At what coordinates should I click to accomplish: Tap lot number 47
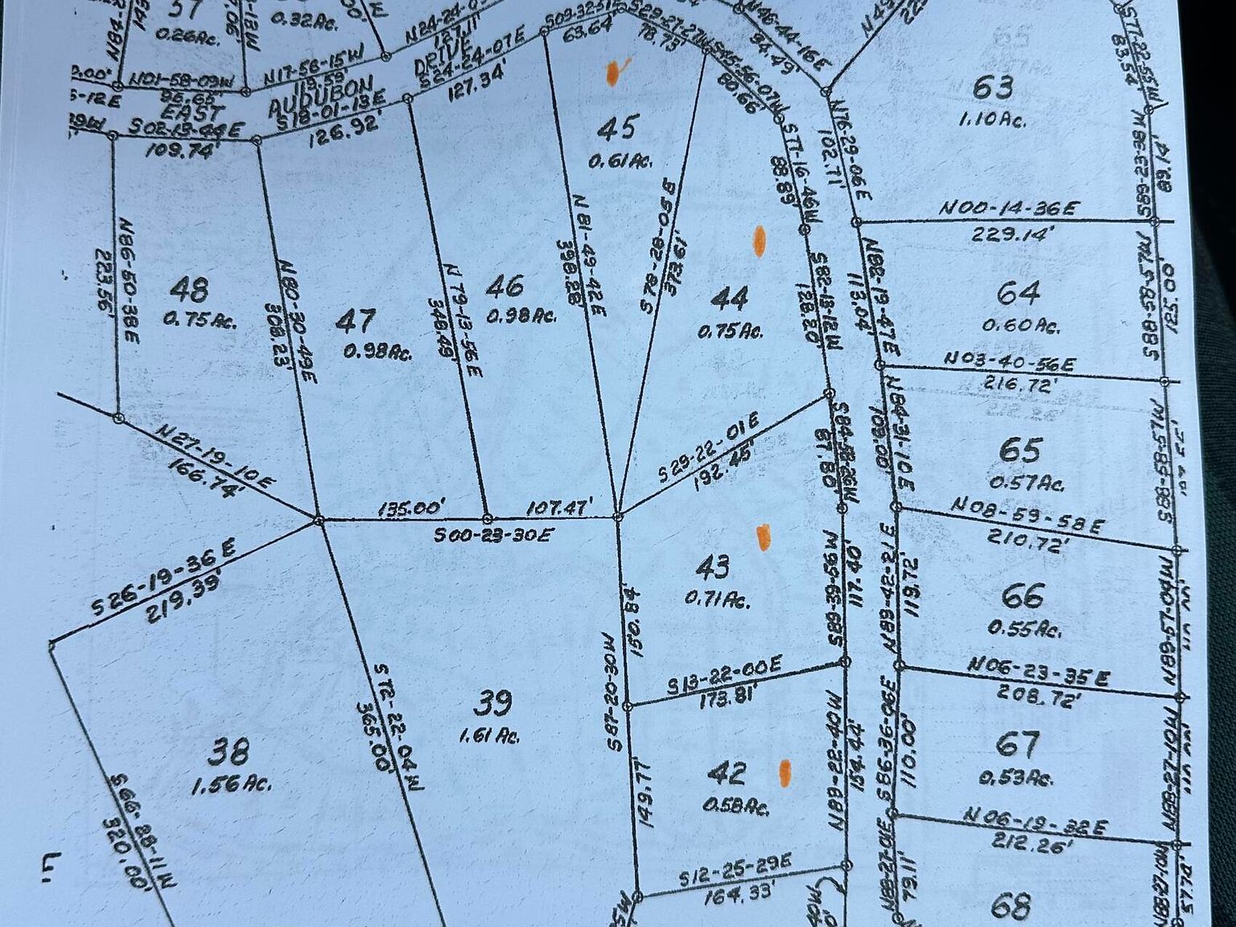coord(355,321)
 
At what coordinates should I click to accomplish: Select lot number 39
coord(492,703)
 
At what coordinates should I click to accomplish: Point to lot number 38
coord(229,752)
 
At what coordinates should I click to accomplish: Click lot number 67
coord(1017,744)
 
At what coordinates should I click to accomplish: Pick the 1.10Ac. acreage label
coord(991,119)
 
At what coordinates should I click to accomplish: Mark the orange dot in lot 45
coord(613,72)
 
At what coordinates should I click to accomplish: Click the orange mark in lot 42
coord(785,772)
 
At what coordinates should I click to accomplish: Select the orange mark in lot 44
coord(759,241)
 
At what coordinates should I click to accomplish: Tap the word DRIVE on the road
coord(434,60)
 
